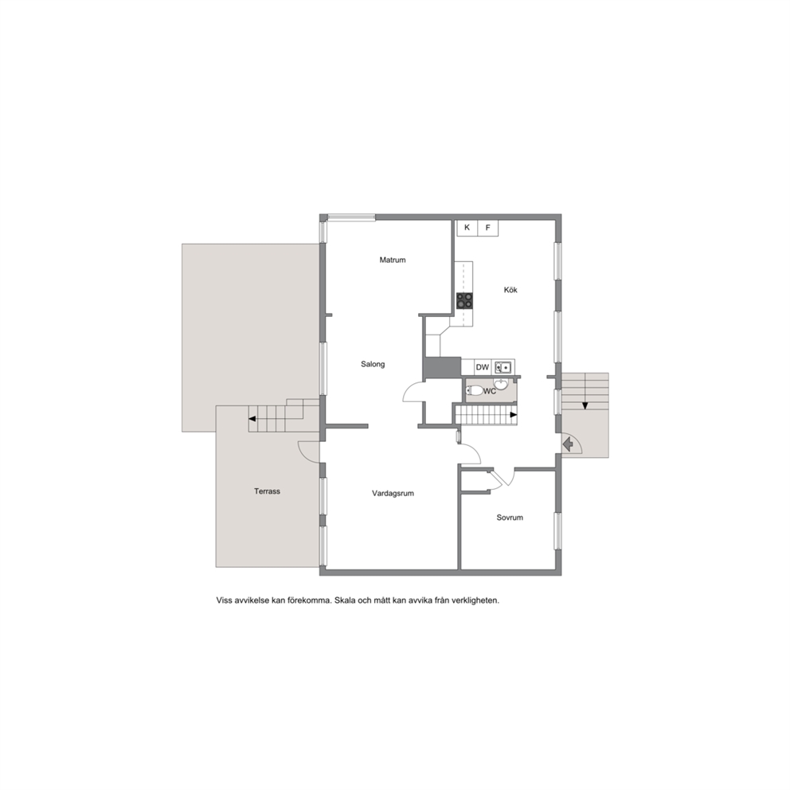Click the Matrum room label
[x=393, y=260]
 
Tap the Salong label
[x=373, y=364]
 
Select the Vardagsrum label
[x=393, y=493]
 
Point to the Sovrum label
[x=510, y=518]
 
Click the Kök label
[x=510, y=290]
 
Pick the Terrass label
[x=267, y=491]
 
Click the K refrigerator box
[x=467, y=228]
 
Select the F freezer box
[x=487, y=228]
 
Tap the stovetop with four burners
[x=464, y=301]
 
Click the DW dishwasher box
[x=482, y=367]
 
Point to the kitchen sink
[x=503, y=367]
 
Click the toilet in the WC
[x=475, y=390]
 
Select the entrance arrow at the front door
[x=569, y=444]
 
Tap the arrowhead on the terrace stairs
[x=252, y=419]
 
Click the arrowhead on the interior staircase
[x=514, y=415]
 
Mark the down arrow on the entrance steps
[x=585, y=405]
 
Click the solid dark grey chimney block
[x=442, y=367]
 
